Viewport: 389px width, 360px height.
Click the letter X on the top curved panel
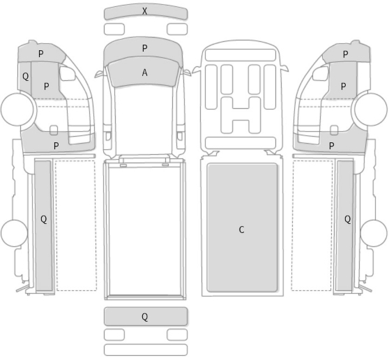[x=144, y=11]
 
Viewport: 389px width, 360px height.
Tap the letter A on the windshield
[x=144, y=73]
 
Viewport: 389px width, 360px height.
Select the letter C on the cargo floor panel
[x=241, y=230]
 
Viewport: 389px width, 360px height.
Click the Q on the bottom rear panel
[x=144, y=317]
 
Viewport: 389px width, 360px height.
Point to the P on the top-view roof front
[x=145, y=48]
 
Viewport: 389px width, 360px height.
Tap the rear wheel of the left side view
[x=14, y=233]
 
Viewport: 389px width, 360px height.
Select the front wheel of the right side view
[x=371, y=109]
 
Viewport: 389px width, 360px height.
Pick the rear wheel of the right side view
[x=374, y=233]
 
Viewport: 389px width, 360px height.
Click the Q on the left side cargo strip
[x=44, y=219]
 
